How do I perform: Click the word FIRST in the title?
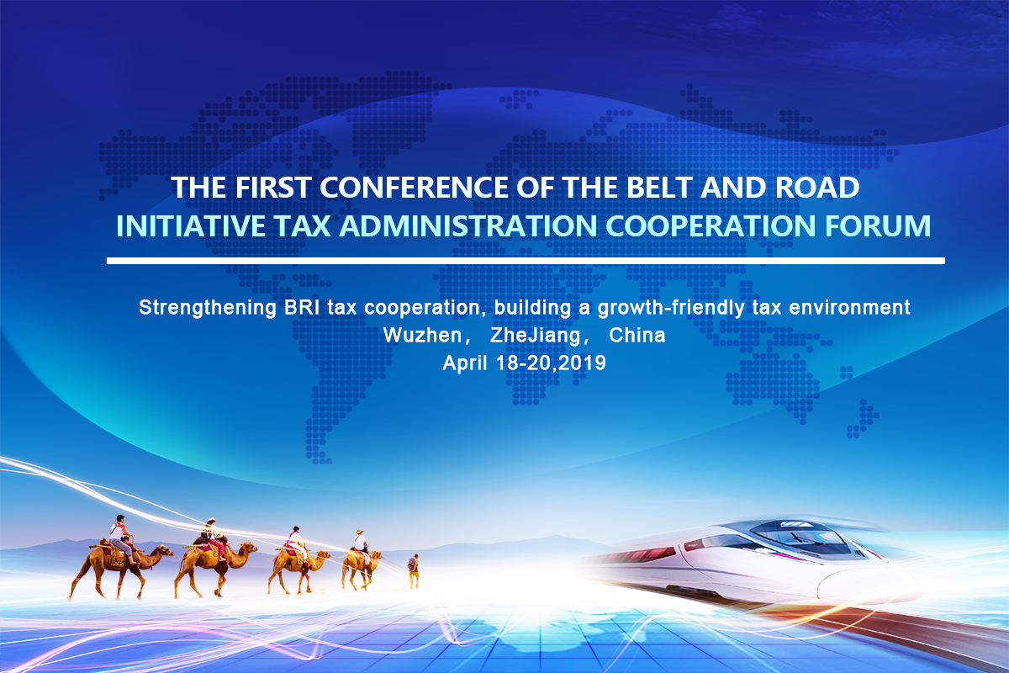pyautogui.click(x=273, y=187)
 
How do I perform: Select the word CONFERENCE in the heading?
pyautogui.click(x=414, y=187)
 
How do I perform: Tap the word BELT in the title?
pyautogui.click(x=659, y=187)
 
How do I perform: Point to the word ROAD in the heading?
pyautogui.click(x=817, y=187)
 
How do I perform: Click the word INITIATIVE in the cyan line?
pyautogui.click(x=191, y=225)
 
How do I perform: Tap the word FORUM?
pyautogui.click(x=878, y=225)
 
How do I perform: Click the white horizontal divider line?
pyautogui.click(x=526, y=261)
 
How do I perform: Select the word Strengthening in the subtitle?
pyautogui.click(x=208, y=309)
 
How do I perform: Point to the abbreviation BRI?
pyautogui.click(x=302, y=307)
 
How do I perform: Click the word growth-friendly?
pyautogui.click(x=671, y=309)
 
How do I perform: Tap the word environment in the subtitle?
pyautogui.click(x=849, y=307)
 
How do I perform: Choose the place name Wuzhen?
pyautogui.click(x=422, y=336)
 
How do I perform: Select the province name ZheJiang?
pyautogui.click(x=536, y=336)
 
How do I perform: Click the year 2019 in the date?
pyautogui.click(x=584, y=363)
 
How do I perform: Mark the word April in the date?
pyautogui.click(x=465, y=363)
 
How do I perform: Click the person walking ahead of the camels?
pyautogui.click(x=414, y=571)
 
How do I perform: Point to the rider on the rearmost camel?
pyautogui.click(x=119, y=538)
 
